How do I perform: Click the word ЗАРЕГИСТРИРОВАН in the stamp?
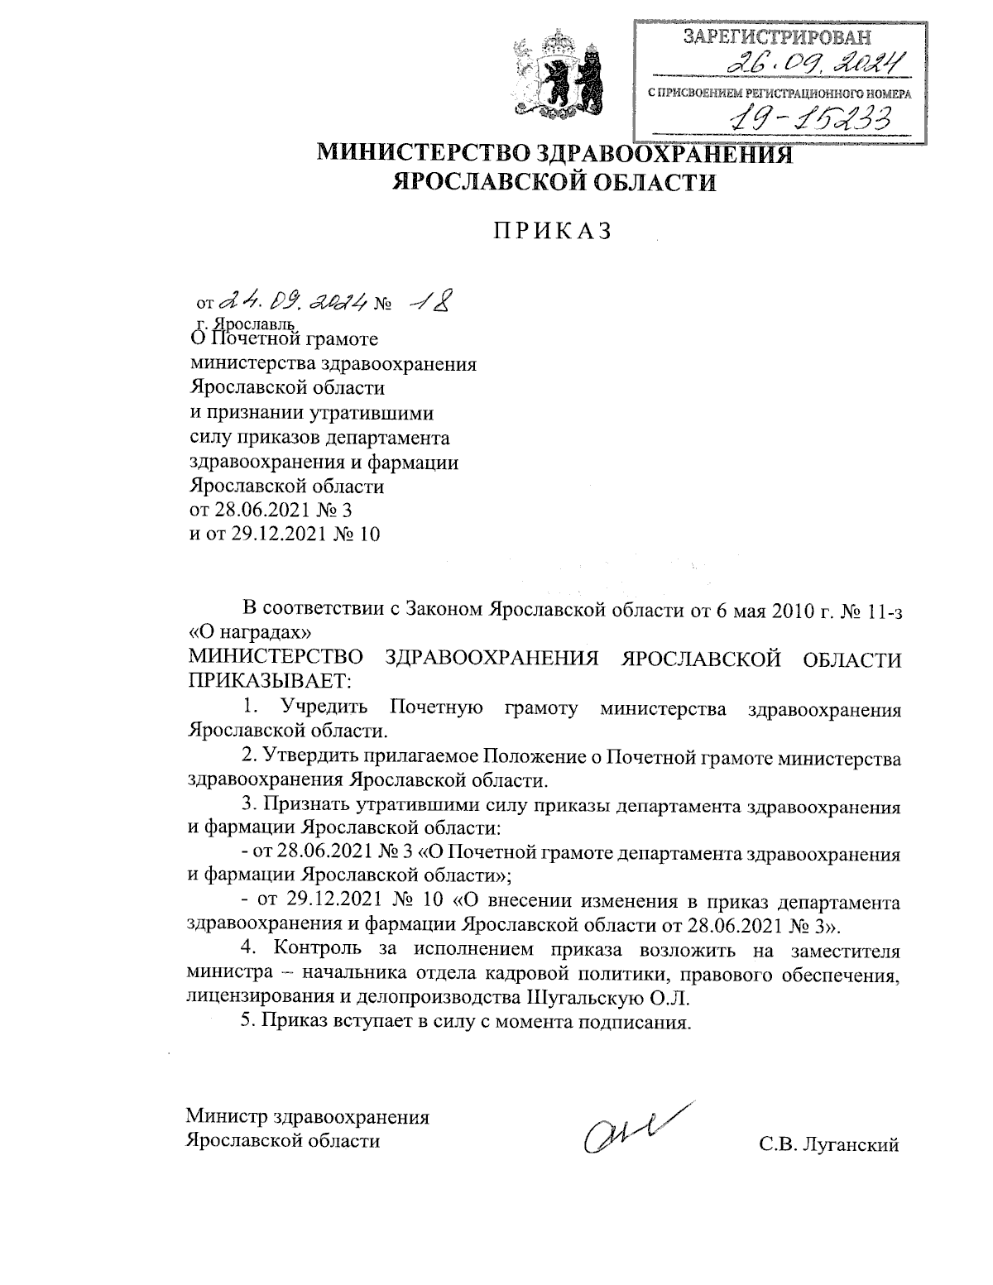click(777, 36)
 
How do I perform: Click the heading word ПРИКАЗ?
click(552, 232)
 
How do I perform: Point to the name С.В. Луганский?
click(828, 1144)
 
